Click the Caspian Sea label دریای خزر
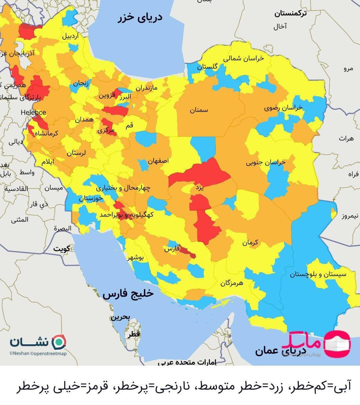click(140, 17)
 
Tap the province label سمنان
click(199, 110)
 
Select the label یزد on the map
click(199, 187)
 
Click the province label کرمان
click(250, 243)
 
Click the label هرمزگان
click(232, 283)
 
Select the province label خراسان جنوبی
click(266, 163)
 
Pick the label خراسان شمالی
click(243, 58)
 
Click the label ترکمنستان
click(291, 14)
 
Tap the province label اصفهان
click(158, 161)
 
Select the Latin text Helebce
click(33, 112)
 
